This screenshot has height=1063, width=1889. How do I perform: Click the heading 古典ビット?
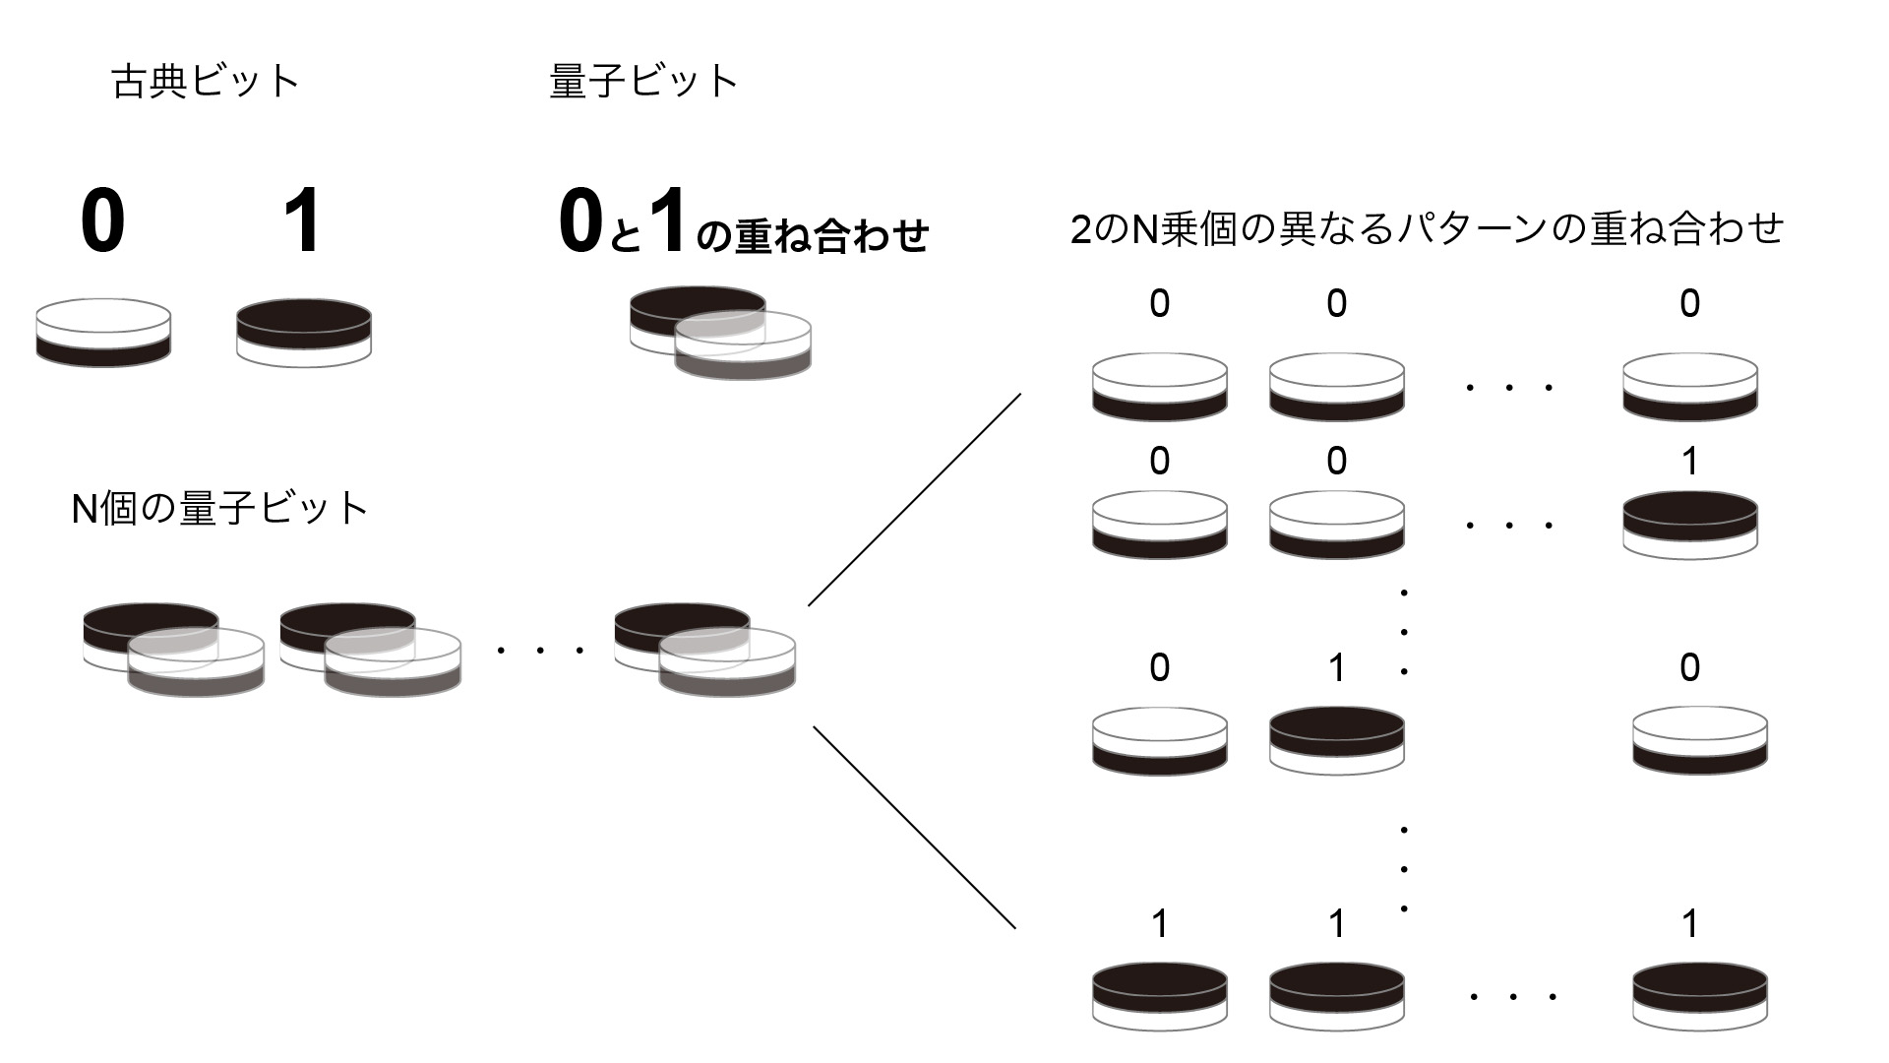click(x=205, y=81)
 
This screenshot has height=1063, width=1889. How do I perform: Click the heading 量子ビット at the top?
click(x=642, y=81)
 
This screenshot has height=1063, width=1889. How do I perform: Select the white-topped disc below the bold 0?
click(x=103, y=333)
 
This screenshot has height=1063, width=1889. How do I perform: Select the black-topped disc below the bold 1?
click(x=304, y=333)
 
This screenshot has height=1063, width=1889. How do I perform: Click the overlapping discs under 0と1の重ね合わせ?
click(x=720, y=332)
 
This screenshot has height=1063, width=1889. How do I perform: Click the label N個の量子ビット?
click(x=219, y=509)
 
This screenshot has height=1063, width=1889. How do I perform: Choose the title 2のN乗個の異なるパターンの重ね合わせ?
click(x=1427, y=228)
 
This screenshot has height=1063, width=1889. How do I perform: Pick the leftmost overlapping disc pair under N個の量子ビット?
click(x=173, y=650)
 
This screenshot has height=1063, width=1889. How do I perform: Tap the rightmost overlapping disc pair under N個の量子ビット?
click(x=704, y=650)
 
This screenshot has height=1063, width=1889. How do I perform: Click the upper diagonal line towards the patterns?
click(x=915, y=499)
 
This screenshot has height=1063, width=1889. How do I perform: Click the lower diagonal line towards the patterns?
click(x=915, y=828)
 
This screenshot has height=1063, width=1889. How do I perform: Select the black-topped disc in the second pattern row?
click(x=1689, y=525)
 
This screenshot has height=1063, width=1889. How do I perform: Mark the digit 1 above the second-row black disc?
click(x=1689, y=461)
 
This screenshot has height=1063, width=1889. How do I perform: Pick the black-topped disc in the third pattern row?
click(x=1336, y=739)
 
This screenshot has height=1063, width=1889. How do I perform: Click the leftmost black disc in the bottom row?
click(x=1159, y=995)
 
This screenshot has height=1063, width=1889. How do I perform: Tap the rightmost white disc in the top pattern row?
click(x=1689, y=387)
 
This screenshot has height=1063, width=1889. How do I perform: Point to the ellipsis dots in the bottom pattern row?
click(x=1512, y=997)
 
